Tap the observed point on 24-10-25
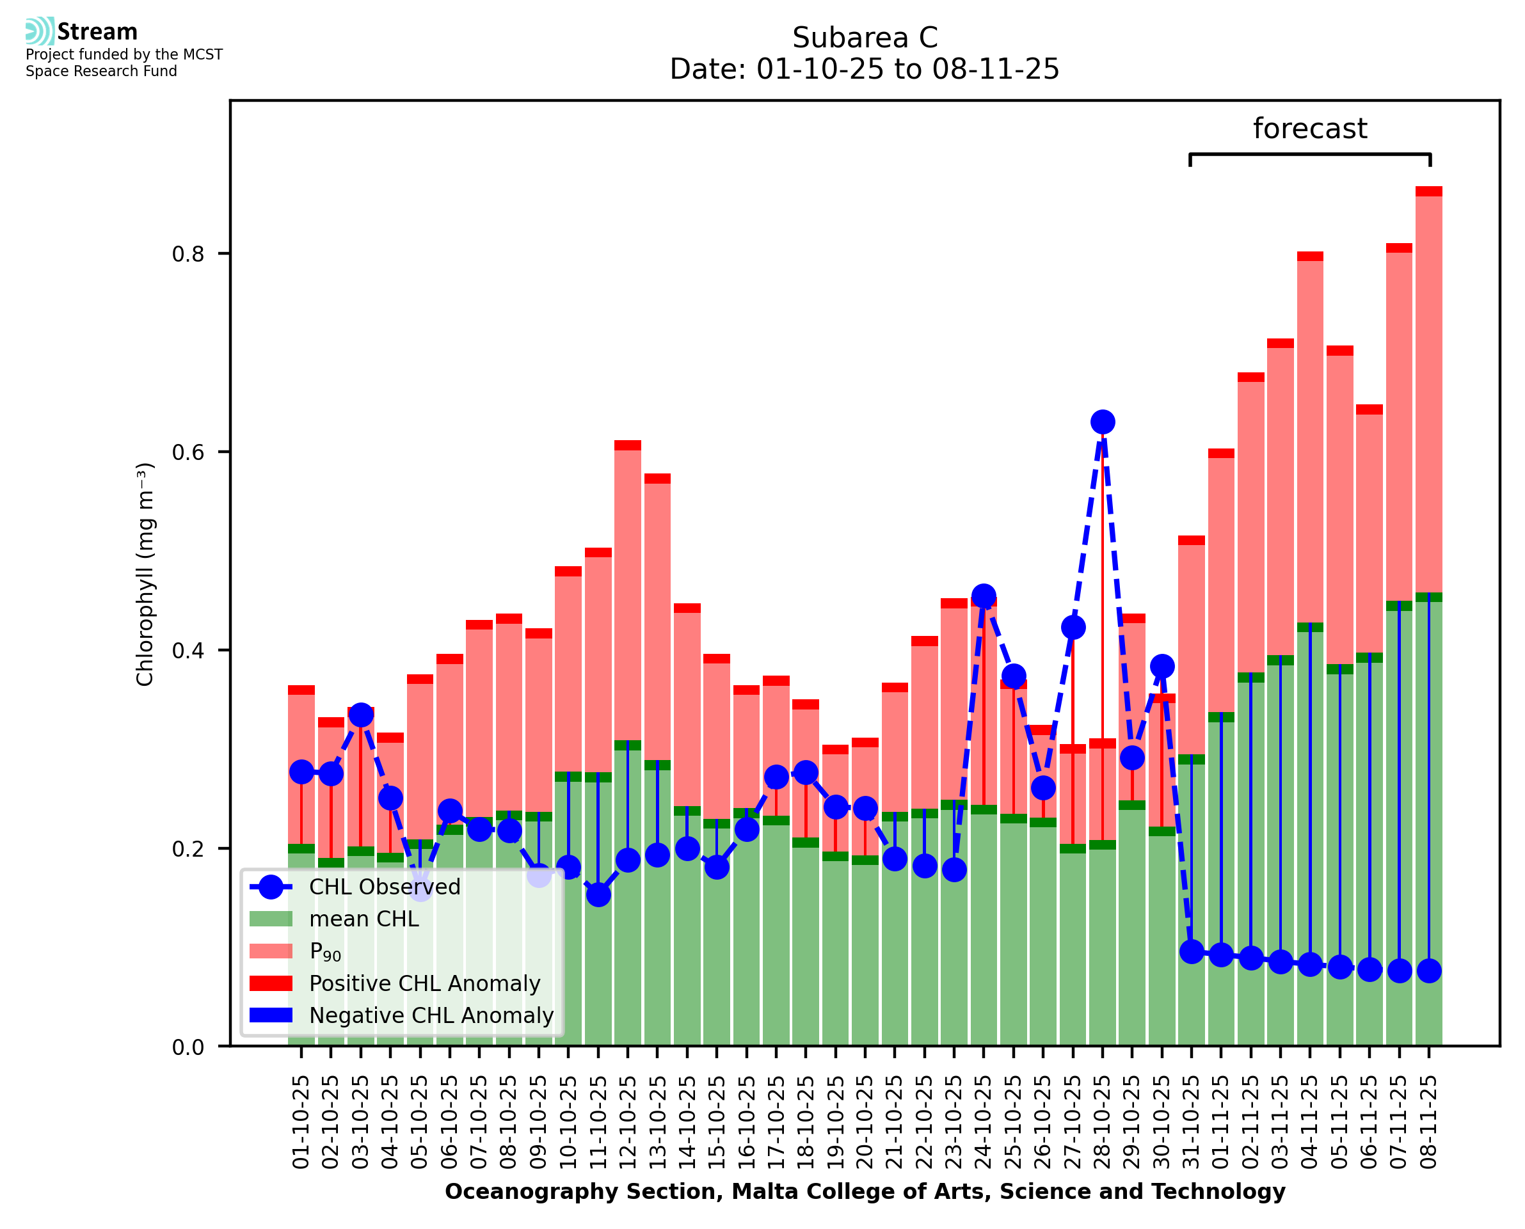point(984,596)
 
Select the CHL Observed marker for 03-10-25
point(361,715)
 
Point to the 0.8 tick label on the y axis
point(188,253)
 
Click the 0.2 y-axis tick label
point(188,848)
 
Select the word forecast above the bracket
point(1310,129)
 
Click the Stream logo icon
point(40,31)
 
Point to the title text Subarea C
point(865,38)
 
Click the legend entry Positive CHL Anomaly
point(425,983)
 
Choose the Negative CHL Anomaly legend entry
point(431,1015)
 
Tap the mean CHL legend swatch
point(271,919)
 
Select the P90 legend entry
point(325,951)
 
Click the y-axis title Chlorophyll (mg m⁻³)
point(145,574)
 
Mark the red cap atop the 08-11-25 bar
point(1429,191)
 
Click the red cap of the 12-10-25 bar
point(628,445)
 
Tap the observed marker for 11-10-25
point(598,895)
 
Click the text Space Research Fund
point(101,71)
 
